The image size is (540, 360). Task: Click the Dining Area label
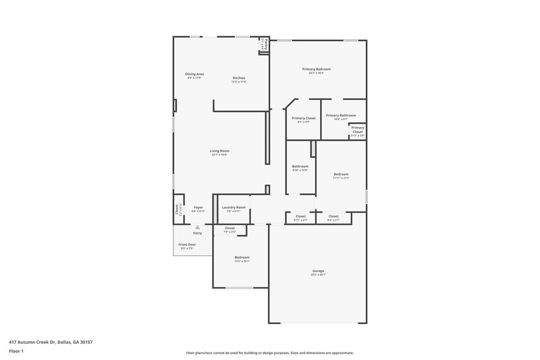coord(195,74)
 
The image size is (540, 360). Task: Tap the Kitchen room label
coord(239,78)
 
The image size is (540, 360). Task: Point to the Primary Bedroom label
coord(316,69)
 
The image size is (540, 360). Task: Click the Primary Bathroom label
coord(340,115)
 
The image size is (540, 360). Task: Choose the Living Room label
coord(219,151)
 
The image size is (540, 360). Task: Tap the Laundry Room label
coord(234,207)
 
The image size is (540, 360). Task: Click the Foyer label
coord(198,207)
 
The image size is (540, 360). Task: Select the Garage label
coord(318,270)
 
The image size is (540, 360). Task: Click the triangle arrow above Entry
coord(197,228)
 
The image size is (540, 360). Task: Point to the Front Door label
coord(187,244)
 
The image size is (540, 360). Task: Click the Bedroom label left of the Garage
coord(242,257)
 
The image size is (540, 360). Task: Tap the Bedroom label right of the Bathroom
coord(341,174)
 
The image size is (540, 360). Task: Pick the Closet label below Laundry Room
coord(230,228)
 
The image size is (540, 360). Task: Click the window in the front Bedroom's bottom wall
coord(239,288)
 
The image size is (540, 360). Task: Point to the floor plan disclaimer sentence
coord(270,353)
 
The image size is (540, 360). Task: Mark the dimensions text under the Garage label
coord(318,275)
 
